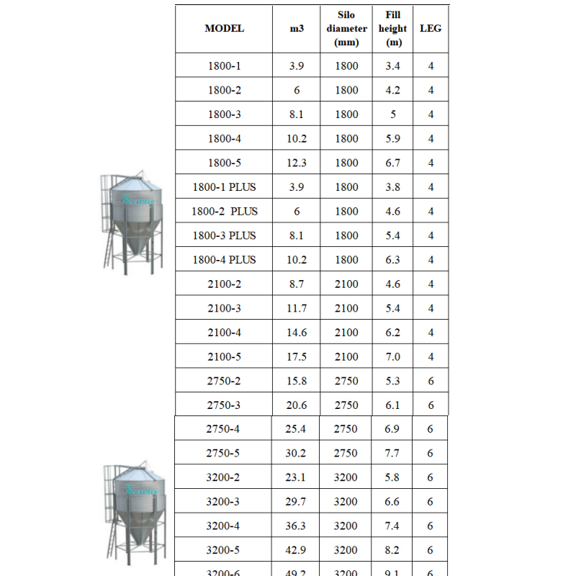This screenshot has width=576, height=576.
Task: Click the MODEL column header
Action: tap(224, 29)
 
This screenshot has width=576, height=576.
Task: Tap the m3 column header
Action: tap(297, 29)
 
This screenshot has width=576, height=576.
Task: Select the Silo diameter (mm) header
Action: tap(346, 29)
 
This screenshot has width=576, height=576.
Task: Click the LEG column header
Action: tap(431, 29)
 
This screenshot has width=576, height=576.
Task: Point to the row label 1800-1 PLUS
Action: tap(224, 187)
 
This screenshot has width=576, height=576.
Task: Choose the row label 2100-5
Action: tap(224, 357)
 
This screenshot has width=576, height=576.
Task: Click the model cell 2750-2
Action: tap(224, 381)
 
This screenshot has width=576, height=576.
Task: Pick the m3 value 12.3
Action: tap(297, 163)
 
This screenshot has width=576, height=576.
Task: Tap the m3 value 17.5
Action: tap(297, 357)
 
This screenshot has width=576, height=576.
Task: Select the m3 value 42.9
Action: tap(296, 550)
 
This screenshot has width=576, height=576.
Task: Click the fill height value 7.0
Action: tap(392, 357)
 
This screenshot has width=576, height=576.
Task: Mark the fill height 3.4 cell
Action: tap(392, 66)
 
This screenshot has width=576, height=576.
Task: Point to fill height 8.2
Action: tap(392, 550)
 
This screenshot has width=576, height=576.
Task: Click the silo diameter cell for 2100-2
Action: tap(346, 284)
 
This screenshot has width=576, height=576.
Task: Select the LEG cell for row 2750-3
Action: tap(431, 405)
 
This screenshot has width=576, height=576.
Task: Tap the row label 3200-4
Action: tap(223, 526)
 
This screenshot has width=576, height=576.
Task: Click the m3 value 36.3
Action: tap(296, 526)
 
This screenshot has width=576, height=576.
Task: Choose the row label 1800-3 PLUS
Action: tap(224, 235)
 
